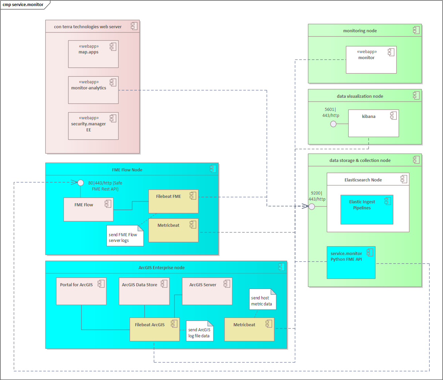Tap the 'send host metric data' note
(262, 300)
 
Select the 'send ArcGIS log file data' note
(200, 332)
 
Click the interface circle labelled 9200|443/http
(312, 207)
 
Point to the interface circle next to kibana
(333, 124)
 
